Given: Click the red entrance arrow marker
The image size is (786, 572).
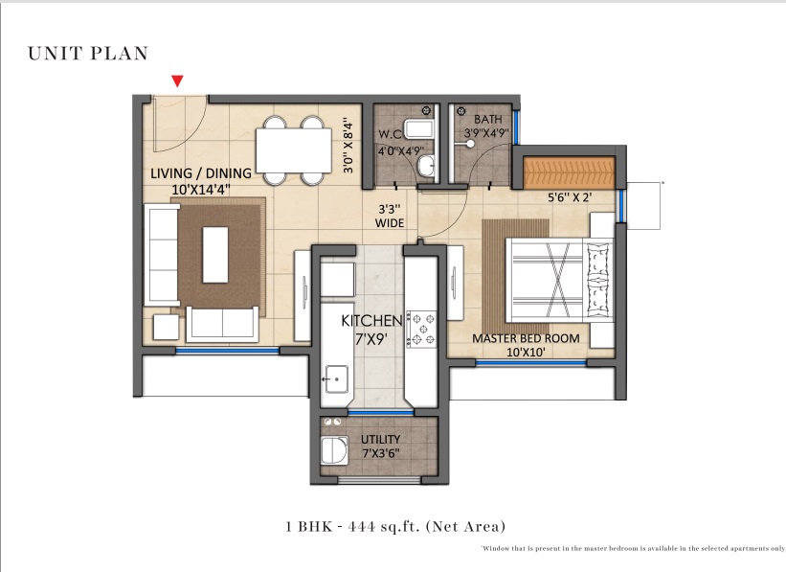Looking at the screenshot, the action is click(177, 80).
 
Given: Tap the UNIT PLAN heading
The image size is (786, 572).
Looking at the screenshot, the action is click(88, 54).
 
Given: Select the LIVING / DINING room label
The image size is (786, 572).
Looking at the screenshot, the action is click(201, 173).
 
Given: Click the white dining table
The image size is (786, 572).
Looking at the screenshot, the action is click(293, 150).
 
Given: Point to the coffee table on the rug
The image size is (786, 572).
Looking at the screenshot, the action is click(215, 255).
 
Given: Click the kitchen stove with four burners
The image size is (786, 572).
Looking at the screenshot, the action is click(421, 330).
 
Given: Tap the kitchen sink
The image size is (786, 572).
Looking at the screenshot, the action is click(336, 378).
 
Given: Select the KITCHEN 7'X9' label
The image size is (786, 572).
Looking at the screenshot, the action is click(371, 330).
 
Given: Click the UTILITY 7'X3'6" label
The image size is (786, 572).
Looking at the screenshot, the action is click(380, 446).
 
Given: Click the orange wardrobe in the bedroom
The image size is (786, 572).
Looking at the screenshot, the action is click(569, 172).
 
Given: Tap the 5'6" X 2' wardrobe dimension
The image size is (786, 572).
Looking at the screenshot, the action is click(570, 197).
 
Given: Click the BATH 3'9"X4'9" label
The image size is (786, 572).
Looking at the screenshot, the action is click(486, 126).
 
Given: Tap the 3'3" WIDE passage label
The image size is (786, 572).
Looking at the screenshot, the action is click(390, 216).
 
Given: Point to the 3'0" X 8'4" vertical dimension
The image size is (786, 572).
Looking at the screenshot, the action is click(348, 146).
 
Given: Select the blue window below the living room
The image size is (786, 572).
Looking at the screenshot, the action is click(227, 351).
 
